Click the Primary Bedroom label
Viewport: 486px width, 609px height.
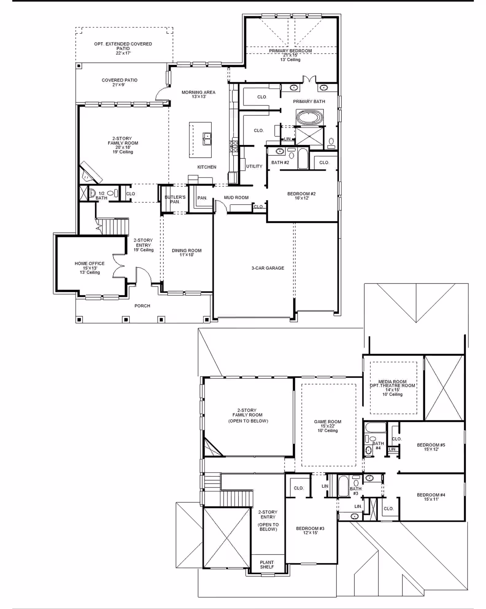[290, 51]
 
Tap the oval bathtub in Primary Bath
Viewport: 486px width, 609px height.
[310, 118]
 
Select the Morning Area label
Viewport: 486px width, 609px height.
[199, 92]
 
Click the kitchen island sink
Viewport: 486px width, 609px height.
[207, 138]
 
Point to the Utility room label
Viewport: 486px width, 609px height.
[254, 166]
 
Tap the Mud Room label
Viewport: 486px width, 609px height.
[236, 197]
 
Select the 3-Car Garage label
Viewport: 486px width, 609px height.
[268, 268]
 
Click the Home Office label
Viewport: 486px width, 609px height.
[90, 263]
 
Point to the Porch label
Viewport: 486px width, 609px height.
[142, 306]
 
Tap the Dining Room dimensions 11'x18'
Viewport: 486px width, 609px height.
[187, 255]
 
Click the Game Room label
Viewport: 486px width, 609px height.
[328, 421]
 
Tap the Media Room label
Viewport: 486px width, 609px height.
[392, 382]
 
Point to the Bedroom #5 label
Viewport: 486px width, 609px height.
[431, 445]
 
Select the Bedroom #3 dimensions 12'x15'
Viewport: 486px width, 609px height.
[310, 533]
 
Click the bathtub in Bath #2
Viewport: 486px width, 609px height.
[303, 159]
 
